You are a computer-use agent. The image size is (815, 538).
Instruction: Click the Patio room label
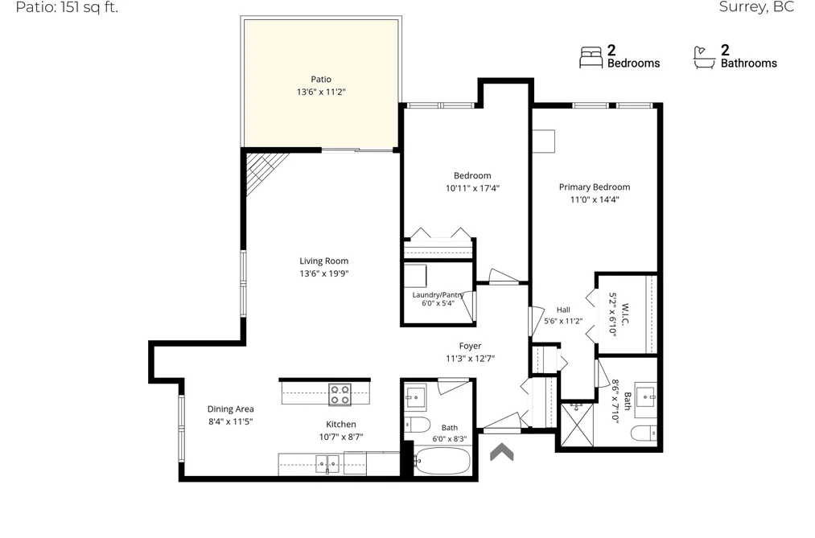[x=321, y=79]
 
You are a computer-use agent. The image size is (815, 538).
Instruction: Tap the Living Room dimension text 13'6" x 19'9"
[x=323, y=273]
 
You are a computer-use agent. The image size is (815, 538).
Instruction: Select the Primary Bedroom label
[x=595, y=187]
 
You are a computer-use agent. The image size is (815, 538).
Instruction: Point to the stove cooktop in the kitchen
[x=340, y=394]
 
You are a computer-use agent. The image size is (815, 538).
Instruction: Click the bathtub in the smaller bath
[x=442, y=461]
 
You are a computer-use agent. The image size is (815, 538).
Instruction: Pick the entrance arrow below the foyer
[x=501, y=452]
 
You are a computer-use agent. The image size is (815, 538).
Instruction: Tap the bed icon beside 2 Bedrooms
[x=591, y=57]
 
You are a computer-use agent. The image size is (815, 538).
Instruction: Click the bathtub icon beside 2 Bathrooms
[x=704, y=57]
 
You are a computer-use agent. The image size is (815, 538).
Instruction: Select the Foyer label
[x=470, y=346]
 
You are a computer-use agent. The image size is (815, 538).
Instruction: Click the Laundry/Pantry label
[x=438, y=294]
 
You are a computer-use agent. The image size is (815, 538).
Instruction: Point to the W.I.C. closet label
[x=625, y=314]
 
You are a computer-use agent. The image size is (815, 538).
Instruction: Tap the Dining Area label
[x=231, y=409]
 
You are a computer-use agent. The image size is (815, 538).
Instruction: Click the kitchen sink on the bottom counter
[x=327, y=464]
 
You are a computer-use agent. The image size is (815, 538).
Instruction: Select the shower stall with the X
[x=577, y=425]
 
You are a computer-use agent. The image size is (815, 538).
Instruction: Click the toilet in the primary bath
[x=644, y=433]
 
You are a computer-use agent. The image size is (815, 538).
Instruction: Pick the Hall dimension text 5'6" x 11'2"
[x=563, y=321]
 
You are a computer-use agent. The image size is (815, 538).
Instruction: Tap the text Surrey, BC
[x=756, y=6]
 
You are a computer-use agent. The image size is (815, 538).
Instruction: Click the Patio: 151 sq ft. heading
[x=67, y=7]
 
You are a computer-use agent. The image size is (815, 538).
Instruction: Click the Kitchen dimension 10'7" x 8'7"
[x=341, y=437]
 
